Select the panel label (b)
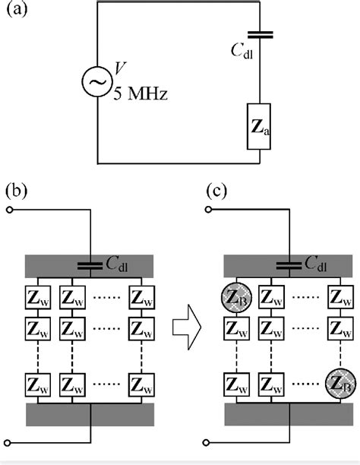(x=16, y=189)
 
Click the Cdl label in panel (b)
(x=129, y=264)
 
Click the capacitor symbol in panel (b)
(x=91, y=266)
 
